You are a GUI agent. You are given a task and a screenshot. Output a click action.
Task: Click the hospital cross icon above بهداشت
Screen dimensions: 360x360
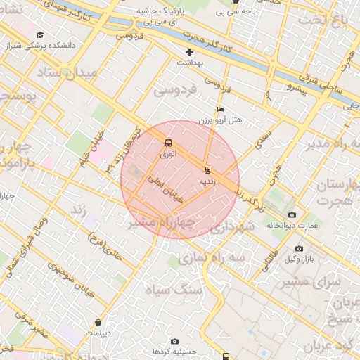pos(189,53)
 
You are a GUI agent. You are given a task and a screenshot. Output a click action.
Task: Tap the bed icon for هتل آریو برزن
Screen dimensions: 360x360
pos(221,110)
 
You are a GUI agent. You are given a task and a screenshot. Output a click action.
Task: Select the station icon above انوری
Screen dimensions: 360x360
pos(167,143)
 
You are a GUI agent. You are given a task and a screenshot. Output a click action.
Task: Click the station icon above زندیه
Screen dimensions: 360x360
pos(207,170)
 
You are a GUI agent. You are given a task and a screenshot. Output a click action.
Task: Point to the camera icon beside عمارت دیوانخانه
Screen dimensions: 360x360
pos(292,214)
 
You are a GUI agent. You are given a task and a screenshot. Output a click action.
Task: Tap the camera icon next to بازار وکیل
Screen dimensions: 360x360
pos(299,249)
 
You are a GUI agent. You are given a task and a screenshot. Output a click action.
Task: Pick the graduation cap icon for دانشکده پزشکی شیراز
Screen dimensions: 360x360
pos(40,34)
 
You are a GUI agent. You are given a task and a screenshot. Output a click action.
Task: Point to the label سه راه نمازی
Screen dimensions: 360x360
pos(211,258)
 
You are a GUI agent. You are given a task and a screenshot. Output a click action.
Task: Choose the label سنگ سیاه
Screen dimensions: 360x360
pos(174,289)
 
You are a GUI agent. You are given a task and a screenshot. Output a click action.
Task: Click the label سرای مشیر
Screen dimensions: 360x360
pos(311,281)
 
